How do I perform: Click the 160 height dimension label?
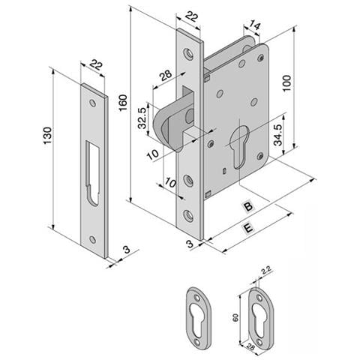[123, 103]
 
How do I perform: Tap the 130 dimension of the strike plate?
[47, 136]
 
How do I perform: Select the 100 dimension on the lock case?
[287, 83]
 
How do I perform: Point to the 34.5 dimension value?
[278, 135]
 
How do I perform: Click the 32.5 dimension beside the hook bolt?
[142, 118]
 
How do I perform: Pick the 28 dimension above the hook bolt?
[166, 75]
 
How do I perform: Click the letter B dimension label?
[248, 206]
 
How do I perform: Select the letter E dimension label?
[248, 228]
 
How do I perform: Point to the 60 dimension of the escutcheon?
[235, 317]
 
